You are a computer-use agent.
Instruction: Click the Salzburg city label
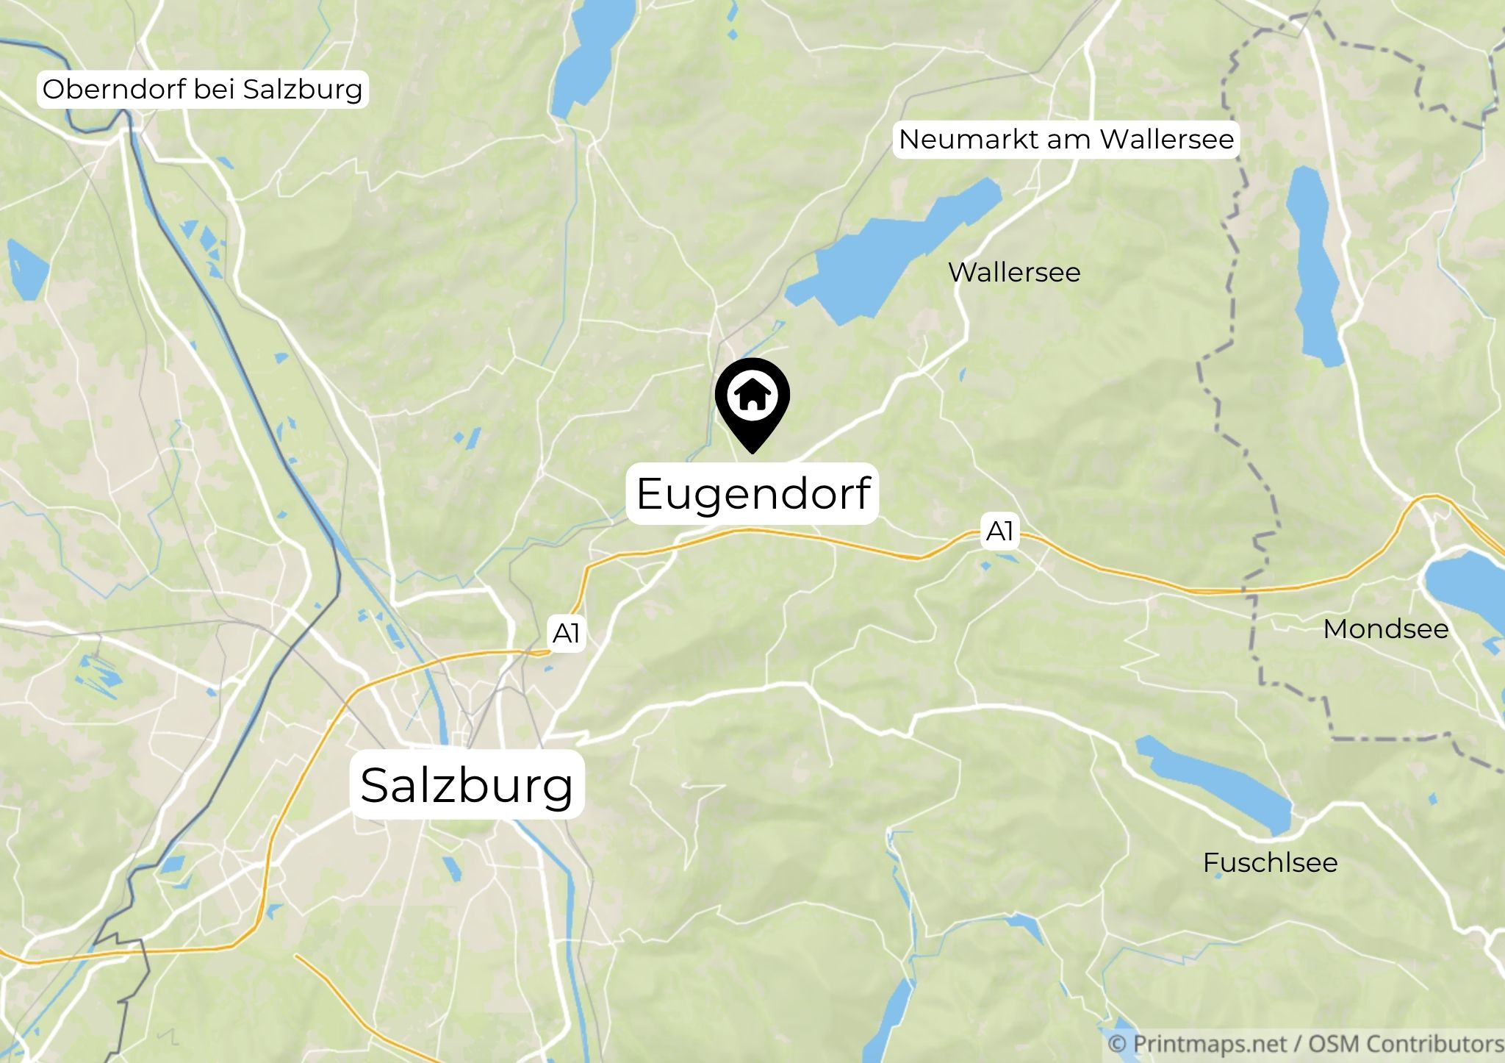(x=467, y=784)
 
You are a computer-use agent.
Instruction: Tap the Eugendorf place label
(x=753, y=493)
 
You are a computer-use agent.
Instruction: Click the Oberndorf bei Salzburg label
(x=202, y=89)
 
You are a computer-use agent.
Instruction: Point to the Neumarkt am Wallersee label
(x=1066, y=139)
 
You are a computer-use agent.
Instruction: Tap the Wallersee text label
(x=1014, y=273)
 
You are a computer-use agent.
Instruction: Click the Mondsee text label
(x=1385, y=629)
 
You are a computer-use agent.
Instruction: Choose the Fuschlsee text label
(x=1270, y=862)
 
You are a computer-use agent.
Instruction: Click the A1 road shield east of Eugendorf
(x=999, y=531)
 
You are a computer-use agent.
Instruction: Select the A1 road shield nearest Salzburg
(x=566, y=633)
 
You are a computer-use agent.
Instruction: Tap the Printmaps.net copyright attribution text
(x=1305, y=1044)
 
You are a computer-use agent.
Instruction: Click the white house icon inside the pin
(x=752, y=396)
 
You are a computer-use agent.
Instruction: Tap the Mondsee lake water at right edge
(x=1470, y=588)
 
